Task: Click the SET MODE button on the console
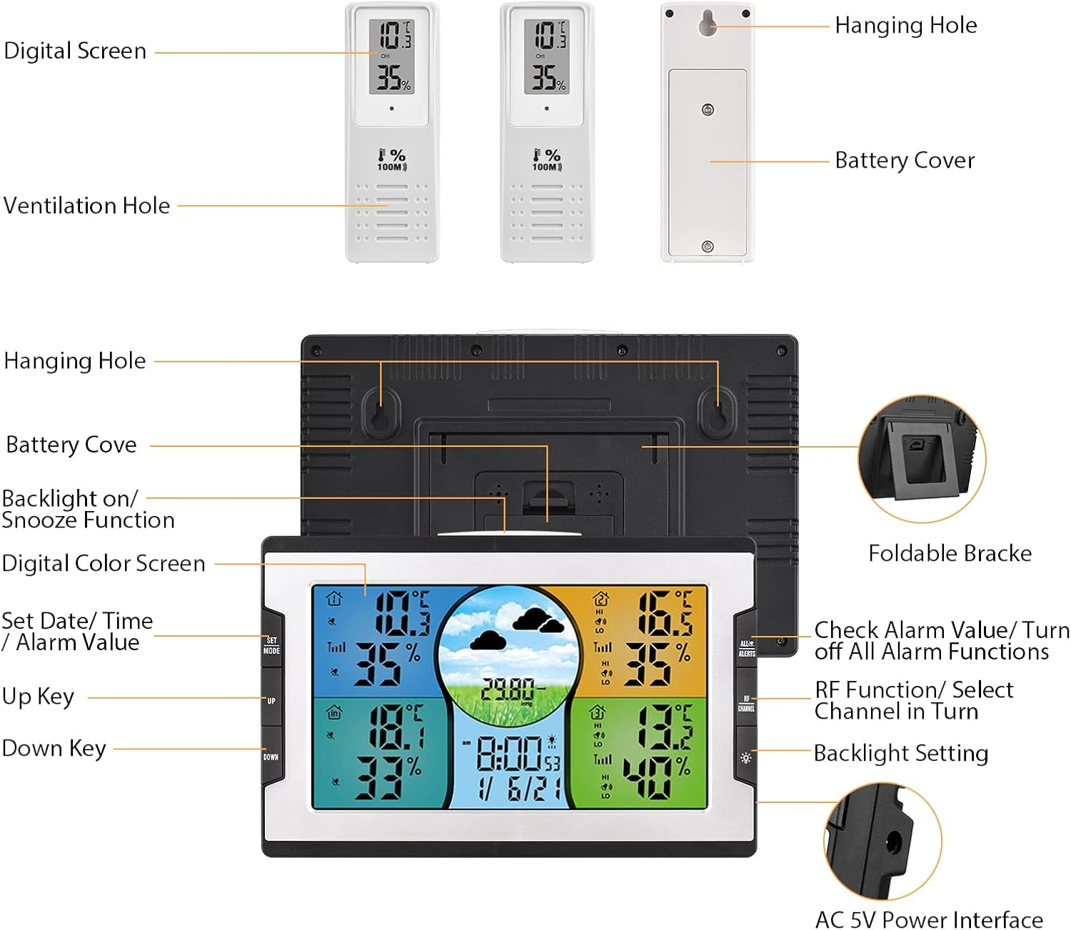272,645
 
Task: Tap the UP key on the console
271,701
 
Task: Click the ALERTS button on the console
746,648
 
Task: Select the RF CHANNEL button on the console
746,704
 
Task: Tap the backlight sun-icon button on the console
746,757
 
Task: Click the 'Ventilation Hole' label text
87,206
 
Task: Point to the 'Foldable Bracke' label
950,553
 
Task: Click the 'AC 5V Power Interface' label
929,919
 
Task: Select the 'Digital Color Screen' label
104,563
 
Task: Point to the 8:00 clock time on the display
509,753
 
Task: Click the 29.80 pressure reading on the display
508,689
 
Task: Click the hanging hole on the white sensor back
708,23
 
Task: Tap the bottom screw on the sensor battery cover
708,246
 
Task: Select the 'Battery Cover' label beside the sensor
905,161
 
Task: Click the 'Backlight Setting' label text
901,753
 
